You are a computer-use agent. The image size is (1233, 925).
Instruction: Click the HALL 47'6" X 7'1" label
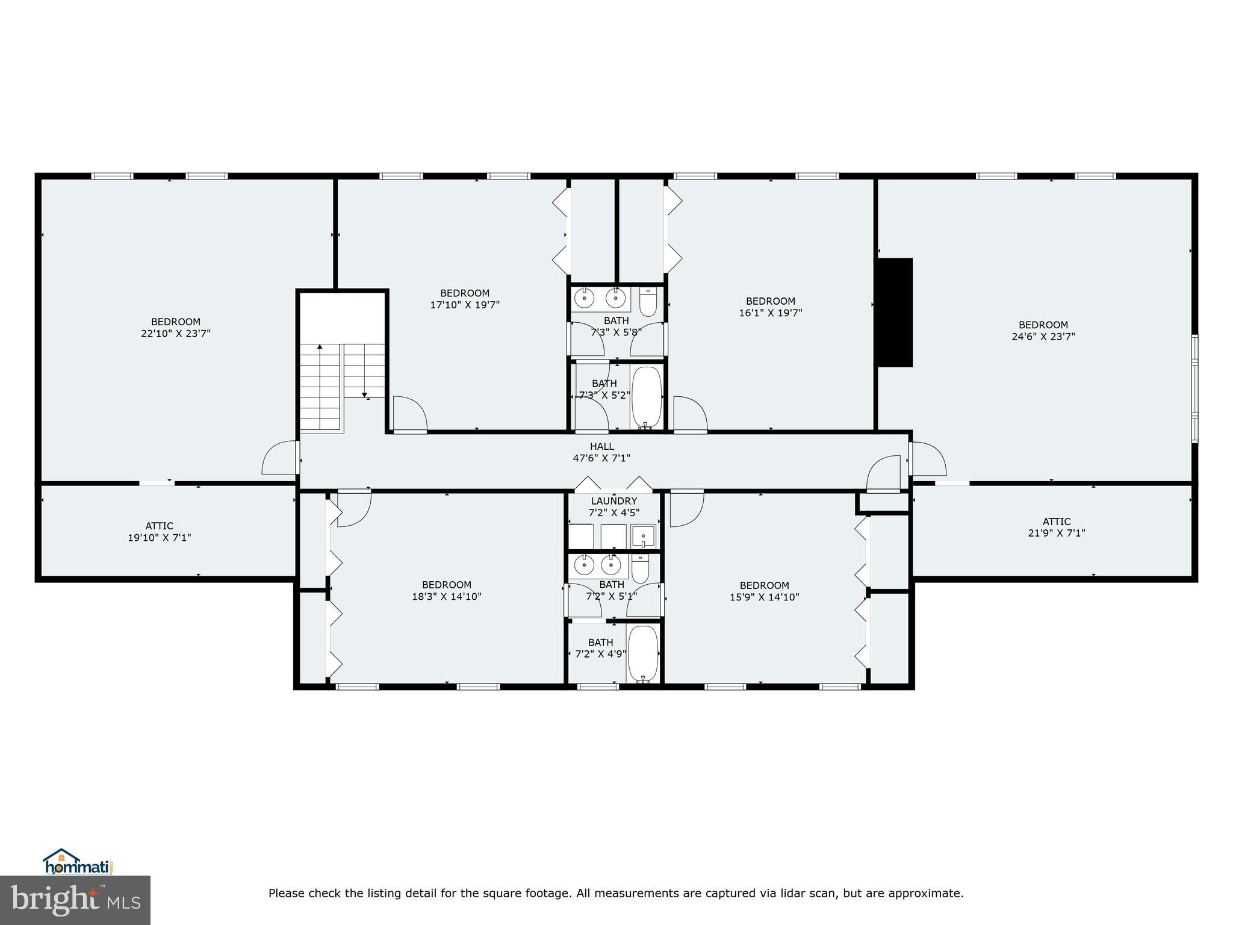pyautogui.click(x=601, y=452)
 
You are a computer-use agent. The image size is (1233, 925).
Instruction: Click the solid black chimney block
pyautogui.click(x=894, y=312)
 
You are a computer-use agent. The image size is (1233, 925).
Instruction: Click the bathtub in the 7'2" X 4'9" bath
pyautogui.click(x=643, y=653)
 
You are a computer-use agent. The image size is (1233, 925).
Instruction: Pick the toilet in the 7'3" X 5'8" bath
pyautogui.click(x=647, y=302)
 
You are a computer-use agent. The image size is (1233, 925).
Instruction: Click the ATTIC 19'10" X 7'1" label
pyautogui.click(x=160, y=532)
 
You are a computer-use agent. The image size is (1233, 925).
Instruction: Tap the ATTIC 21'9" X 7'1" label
pyautogui.click(x=1056, y=528)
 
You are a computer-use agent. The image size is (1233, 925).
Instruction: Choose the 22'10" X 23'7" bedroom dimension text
pyautogui.click(x=176, y=334)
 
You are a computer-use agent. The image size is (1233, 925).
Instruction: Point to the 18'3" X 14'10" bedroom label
pyautogui.click(x=446, y=591)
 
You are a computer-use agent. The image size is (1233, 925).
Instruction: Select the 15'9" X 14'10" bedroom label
pyautogui.click(x=764, y=591)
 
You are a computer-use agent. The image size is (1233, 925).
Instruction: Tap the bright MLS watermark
pyautogui.click(x=75, y=900)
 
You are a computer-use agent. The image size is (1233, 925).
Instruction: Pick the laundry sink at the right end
pyautogui.click(x=643, y=535)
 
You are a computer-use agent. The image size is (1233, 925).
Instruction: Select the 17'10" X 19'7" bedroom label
pyautogui.click(x=464, y=299)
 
